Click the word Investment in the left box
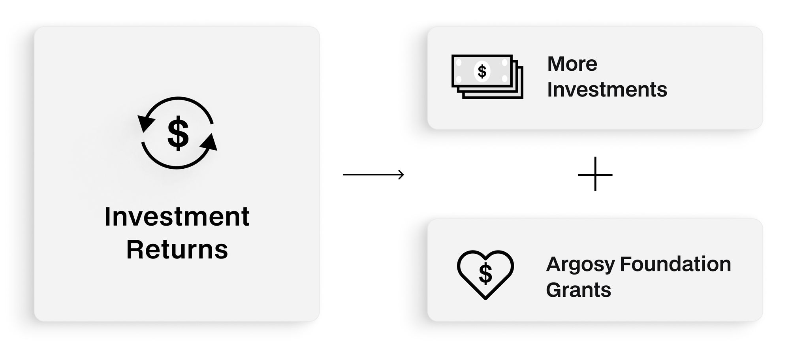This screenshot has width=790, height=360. tap(177, 217)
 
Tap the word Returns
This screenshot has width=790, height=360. tap(177, 250)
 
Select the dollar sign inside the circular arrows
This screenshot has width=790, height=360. tap(178, 133)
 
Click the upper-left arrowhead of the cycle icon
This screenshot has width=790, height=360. tap(145, 123)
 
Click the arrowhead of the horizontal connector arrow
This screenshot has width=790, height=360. tap(401, 174)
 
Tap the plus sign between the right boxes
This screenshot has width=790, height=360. tap(595, 174)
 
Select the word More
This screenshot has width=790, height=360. tap(572, 64)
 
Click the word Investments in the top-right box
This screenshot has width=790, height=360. tap(607, 90)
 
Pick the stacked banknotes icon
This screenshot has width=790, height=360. tap(487, 76)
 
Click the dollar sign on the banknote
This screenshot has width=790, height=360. tap(482, 72)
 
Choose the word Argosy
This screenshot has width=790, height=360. tap(580, 264)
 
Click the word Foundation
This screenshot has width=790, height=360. tap(675, 264)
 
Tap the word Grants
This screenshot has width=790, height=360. tap(578, 290)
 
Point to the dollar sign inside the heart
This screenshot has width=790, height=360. tap(485, 274)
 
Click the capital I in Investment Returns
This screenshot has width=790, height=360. tap(107, 217)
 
